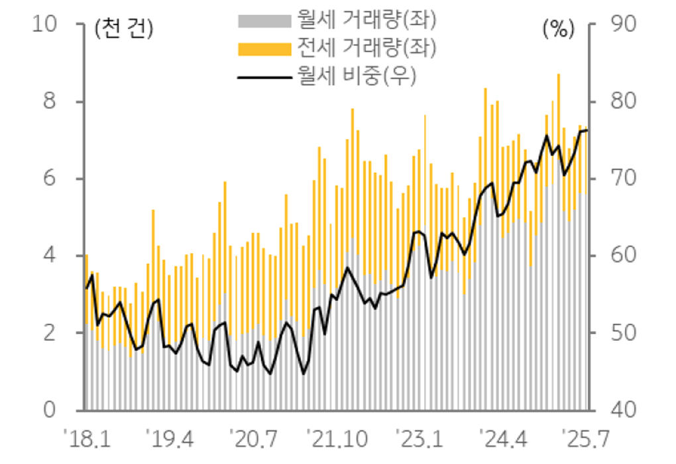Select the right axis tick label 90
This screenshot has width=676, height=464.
620,24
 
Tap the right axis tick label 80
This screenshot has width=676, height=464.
620,102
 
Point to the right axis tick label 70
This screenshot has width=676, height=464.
620,179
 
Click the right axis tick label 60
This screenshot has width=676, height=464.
620,256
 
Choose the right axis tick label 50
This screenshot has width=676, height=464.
620,333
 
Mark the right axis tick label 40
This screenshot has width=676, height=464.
620,410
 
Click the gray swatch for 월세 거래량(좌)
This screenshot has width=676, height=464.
264,21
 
